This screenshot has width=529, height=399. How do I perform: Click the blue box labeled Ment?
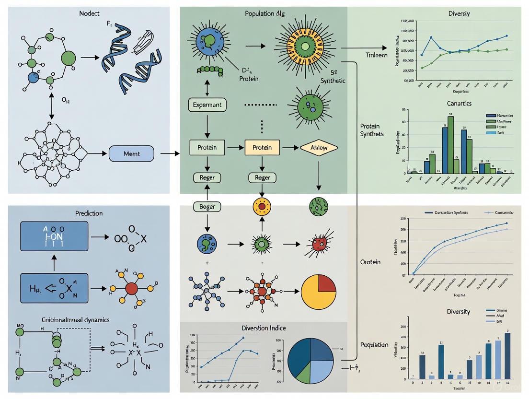click(131, 153)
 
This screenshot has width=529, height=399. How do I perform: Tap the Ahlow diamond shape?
click(319, 148)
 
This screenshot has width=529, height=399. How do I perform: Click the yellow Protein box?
click(262, 148)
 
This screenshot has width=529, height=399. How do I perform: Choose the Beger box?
click(207, 207)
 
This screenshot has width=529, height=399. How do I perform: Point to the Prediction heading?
click(89, 213)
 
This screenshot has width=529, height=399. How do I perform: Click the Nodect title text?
click(89, 13)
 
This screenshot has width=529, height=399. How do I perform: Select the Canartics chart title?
click(459, 103)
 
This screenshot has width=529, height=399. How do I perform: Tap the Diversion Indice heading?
click(263, 328)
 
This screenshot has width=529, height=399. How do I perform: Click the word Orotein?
click(370, 262)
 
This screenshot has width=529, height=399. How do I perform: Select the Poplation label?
click(374, 345)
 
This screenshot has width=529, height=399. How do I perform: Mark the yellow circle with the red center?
click(262, 207)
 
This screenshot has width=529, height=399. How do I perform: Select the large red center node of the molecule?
click(131, 288)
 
